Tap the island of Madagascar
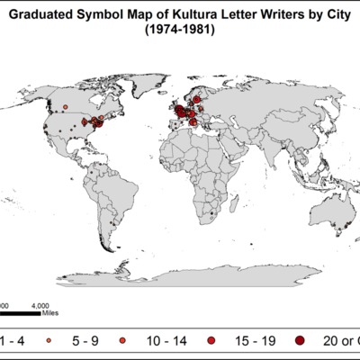[232, 206]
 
